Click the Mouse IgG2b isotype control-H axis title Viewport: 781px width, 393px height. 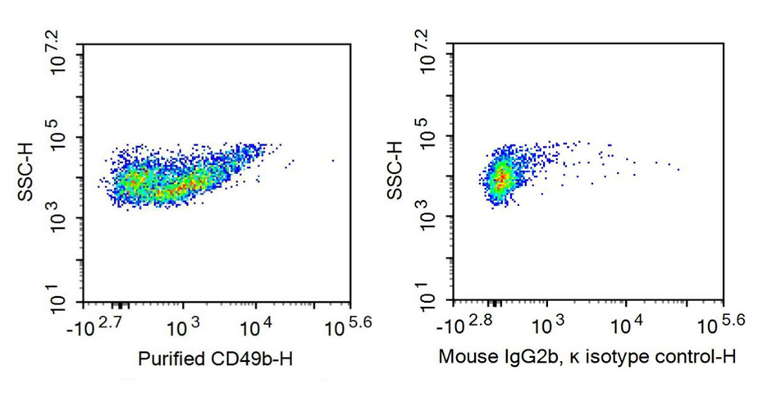(x=587, y=358)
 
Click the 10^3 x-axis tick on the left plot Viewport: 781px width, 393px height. (x=183, y=326)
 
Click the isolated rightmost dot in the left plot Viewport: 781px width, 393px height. (x=332, y=161)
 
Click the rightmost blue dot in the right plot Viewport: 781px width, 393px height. (x=678, y=170)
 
